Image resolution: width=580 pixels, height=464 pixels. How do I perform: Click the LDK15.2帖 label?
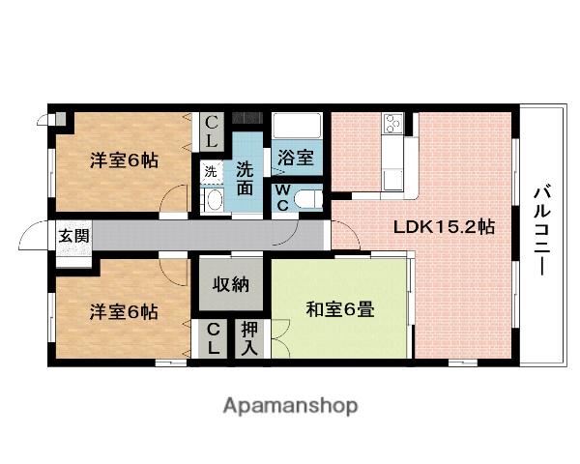[x=444, y=228]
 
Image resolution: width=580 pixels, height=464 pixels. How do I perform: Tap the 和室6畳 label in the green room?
[x=341, y=310]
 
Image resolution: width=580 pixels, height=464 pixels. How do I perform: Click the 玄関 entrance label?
[x=72, y=236]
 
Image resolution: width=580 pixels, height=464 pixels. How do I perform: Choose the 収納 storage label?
[x=232, y=284]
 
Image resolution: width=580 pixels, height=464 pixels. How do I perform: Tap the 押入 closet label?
[x=249, y=337]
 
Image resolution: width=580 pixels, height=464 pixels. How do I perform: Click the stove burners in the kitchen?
[x=393, y=125]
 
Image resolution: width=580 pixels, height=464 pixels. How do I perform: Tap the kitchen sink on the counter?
[x=394, y=179]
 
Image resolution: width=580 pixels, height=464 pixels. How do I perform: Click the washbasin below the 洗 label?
[x=214, y=201]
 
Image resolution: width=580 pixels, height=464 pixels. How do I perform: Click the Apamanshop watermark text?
[x=291, y=405]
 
